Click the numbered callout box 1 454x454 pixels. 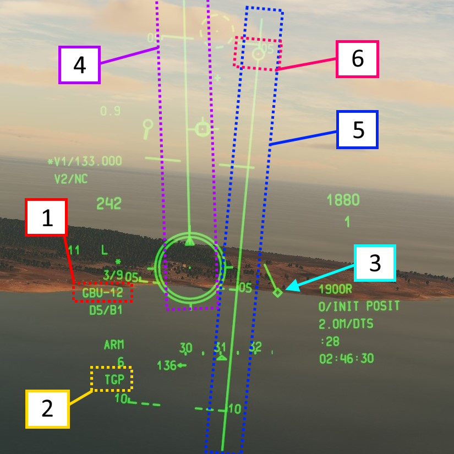[47, 218]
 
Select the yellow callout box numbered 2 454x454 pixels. [47, 409]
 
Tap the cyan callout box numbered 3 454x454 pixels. [375, 263]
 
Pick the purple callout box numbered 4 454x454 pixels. [79, 65]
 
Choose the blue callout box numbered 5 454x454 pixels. [357, 129]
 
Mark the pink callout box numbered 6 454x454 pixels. [358, 58]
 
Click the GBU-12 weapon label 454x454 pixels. [103, 292]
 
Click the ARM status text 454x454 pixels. [114, 345]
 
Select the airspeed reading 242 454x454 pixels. [108, 204]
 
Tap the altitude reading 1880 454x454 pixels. [342, 199]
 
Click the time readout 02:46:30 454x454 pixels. [346, 359]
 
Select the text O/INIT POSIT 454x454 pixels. [359, 307]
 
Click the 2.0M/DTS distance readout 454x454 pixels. [346, 324]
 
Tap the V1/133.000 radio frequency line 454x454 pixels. [85, 161]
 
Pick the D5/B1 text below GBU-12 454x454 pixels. [106, 310]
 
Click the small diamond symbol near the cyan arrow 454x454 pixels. [278, 293]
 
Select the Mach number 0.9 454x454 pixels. [110, 111]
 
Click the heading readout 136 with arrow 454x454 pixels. [171, 365]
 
